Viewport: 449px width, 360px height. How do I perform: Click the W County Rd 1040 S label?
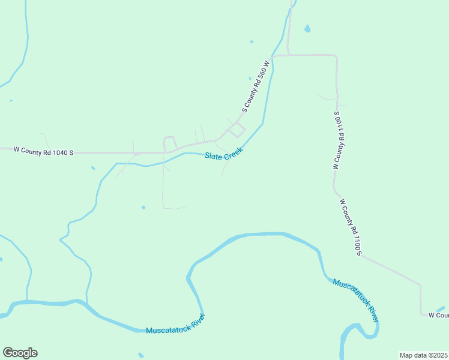43,152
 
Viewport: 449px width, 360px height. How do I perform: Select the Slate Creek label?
223,155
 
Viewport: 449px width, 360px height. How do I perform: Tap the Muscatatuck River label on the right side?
356,299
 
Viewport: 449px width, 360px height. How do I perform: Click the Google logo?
20,353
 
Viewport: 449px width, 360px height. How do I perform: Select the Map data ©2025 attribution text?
424,355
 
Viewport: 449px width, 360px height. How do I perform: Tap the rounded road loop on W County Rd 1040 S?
170,143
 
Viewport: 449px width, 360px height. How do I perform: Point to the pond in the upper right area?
307,28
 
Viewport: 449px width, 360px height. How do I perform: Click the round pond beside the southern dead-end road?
143,208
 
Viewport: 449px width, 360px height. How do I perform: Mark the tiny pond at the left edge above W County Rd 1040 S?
11,101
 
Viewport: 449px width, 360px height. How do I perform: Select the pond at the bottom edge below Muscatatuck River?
140,355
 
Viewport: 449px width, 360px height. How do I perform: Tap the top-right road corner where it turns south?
335,56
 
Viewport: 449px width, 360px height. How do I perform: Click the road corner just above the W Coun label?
420,286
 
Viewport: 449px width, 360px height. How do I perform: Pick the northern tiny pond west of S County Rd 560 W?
252,41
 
